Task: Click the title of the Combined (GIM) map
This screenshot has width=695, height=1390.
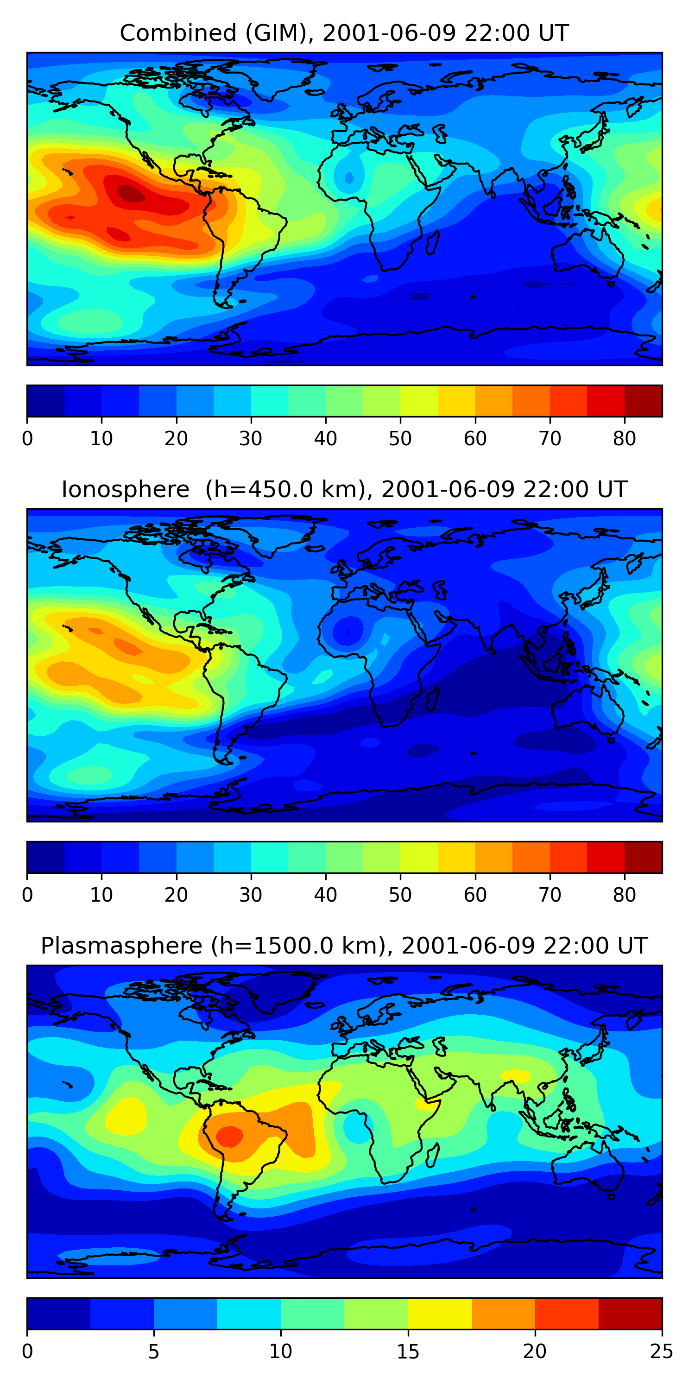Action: pyautogui.click(x=344, y=33)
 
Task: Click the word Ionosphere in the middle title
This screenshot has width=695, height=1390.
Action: pyautogui.click(x=125, y=489)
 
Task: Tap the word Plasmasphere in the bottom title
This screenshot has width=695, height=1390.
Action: pyautogui.click(x=121, y=946)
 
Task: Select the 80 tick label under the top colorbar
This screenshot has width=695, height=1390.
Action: pyautogui.click(x=624, y=439)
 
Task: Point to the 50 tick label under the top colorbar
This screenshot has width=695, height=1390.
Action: pyautogui.click(x=400, y=439)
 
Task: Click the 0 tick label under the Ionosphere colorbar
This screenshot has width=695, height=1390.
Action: pyautogui.click(x=27, y=895)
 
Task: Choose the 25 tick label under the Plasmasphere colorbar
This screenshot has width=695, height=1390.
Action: pyautogui.click(x=661, y=1352)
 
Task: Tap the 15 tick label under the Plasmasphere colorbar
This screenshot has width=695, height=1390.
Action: pyautogui.click(x=407, y=1352)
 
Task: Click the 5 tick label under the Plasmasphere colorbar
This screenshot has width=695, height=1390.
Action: pyautogui.click(x=154, y=1352)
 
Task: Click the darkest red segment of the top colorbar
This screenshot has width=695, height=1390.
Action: pyautogui.click(x=643, y=401)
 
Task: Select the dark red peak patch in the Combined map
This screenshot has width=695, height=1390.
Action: pyautogui.click(x=132, y=194)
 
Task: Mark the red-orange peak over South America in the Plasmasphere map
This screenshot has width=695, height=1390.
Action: pyautogui.click(x=229, y=1135)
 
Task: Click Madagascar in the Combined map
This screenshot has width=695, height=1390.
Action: pyautogui.click(x=433, y=243)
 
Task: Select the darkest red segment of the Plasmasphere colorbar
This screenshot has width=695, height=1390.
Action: pyautogui.click(x=630, y=1314)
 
